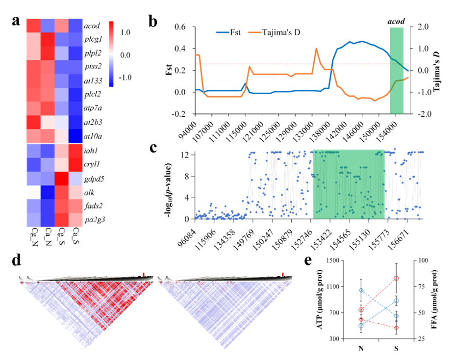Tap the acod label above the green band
396,23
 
